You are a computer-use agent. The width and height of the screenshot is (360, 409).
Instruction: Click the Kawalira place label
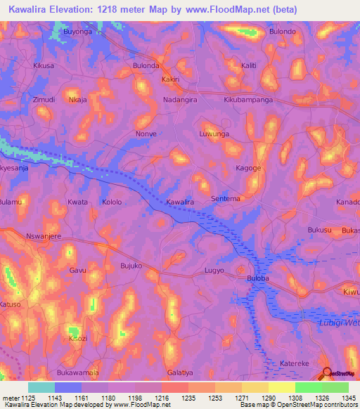[x=179, y=202]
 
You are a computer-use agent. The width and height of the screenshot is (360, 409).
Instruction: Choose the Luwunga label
[x=214, y=133]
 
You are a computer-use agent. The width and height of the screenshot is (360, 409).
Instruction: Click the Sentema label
[x=226, y=199]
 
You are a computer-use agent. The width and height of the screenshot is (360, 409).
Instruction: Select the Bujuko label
[x=131, y=266]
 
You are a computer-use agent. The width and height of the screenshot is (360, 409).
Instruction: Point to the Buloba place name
[x=258, y=278]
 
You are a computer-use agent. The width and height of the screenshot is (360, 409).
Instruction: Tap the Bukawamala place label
[x=77, y=372]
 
